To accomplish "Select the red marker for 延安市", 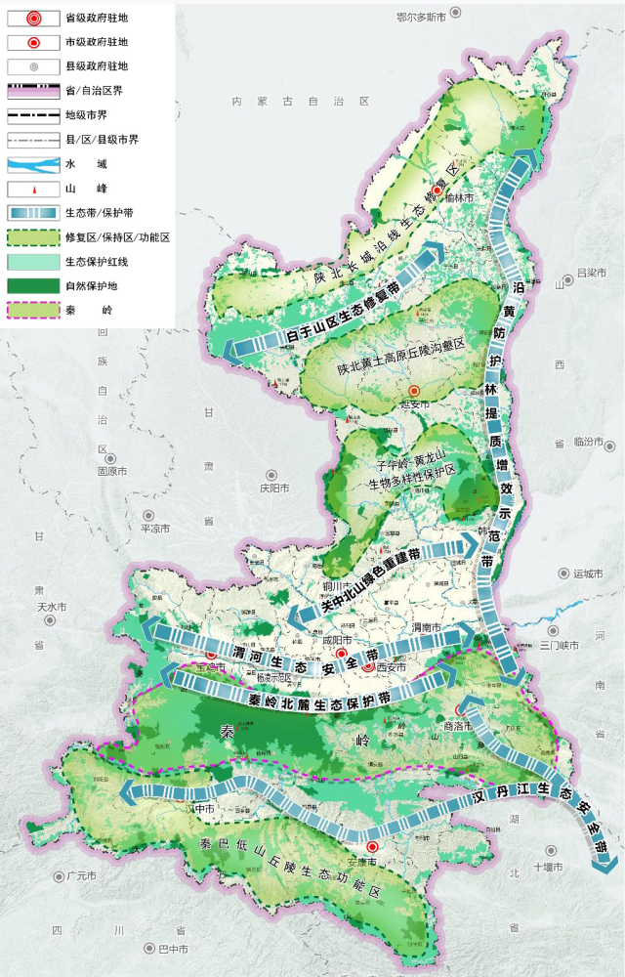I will point(413,390).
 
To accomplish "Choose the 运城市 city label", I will point(590,573).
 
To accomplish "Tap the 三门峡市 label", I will point(559,645).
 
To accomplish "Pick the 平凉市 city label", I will point(156,528).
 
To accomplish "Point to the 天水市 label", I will point(51,607).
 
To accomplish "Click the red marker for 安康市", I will point(372,847).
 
